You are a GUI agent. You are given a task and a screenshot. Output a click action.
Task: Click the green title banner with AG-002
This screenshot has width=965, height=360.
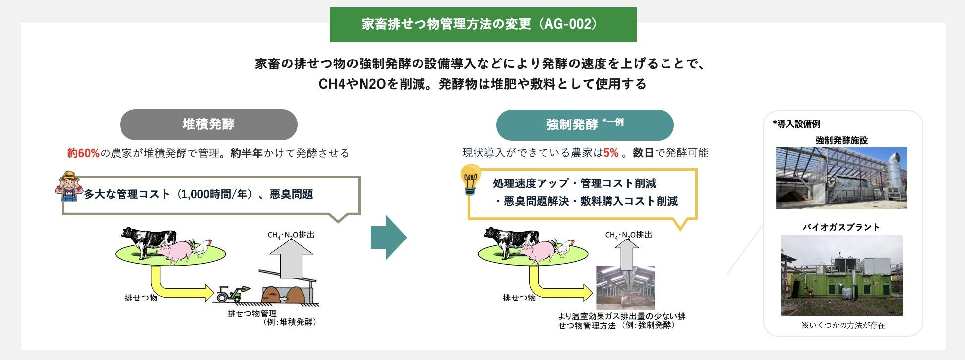click(482, 24)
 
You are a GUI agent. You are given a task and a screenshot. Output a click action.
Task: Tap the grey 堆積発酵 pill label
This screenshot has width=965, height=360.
click(208, 124)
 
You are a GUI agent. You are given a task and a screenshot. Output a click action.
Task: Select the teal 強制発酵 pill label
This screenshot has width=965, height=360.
click(584, 125)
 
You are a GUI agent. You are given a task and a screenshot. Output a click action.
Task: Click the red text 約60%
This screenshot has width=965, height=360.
click(83, 153)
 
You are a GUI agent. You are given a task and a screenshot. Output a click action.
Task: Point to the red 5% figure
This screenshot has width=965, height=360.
click(611, 153)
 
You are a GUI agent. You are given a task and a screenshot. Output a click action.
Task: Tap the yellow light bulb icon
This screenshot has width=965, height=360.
click(470, 180)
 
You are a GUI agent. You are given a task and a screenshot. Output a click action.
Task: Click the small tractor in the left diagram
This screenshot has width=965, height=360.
click(231, 294)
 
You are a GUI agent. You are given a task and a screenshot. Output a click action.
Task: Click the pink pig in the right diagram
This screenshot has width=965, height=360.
click(538, 250)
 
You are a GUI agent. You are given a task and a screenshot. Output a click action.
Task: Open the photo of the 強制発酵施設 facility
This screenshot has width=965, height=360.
click(841, 178)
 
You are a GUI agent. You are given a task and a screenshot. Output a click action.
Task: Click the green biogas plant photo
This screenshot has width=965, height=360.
click(841, 275)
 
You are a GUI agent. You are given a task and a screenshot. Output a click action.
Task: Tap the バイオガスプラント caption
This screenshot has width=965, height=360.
click(841, 227)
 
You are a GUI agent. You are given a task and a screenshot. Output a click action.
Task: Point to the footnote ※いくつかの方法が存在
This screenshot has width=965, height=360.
click(843, 325)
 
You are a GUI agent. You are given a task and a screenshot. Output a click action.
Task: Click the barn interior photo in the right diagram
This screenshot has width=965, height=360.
click(625, 288)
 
